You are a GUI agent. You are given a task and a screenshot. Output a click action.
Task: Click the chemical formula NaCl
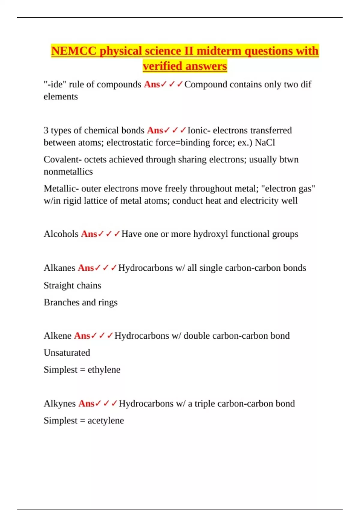(265, 142)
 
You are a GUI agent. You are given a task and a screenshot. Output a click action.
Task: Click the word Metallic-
(61, 188)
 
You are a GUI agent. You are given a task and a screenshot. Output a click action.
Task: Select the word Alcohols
(61, 234)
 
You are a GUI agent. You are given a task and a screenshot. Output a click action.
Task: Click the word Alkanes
(59, 268)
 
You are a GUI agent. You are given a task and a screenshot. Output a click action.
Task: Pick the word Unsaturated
(67, 352)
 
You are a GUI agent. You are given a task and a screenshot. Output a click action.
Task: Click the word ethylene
(104, 370)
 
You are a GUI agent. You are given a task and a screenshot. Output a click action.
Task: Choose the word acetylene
(106, 421)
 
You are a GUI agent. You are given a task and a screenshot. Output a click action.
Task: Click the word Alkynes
(60, 403)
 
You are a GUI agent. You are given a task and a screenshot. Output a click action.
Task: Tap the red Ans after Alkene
(82, 336)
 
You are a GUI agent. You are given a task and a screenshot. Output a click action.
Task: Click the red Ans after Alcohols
(89, 234)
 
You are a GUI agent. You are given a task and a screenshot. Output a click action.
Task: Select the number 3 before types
(46, 130)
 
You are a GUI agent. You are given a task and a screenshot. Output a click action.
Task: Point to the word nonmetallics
(68, 172)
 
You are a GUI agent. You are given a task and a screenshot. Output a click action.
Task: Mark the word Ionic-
(199, 130)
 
